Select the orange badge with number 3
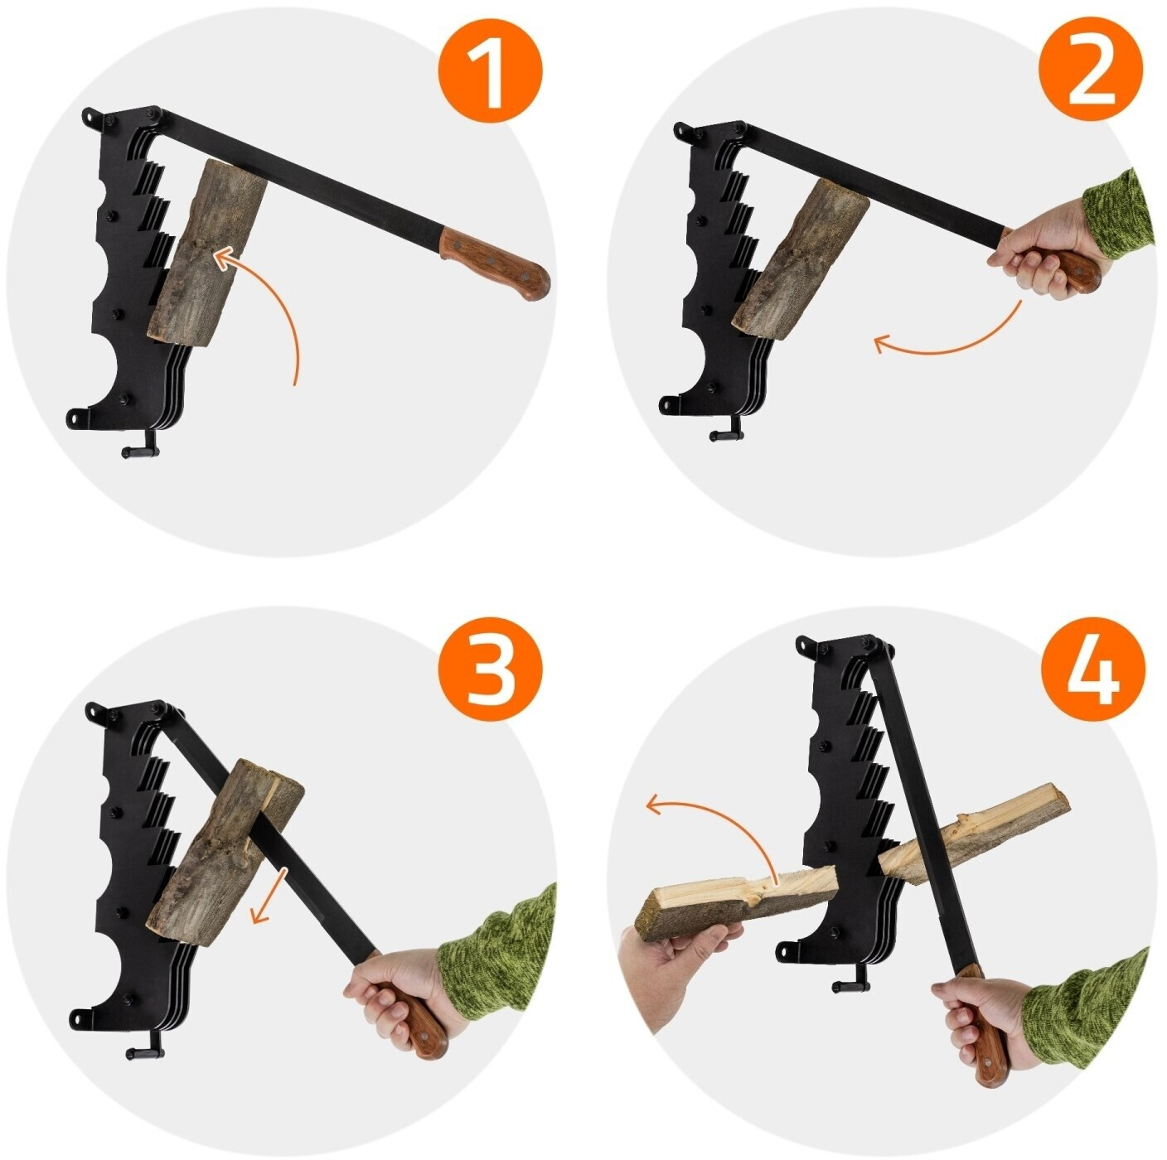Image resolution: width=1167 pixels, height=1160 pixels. pyautogui.click(x=491, y=669)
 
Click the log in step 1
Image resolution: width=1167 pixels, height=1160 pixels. pyautogui.click(x=207, y=253)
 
